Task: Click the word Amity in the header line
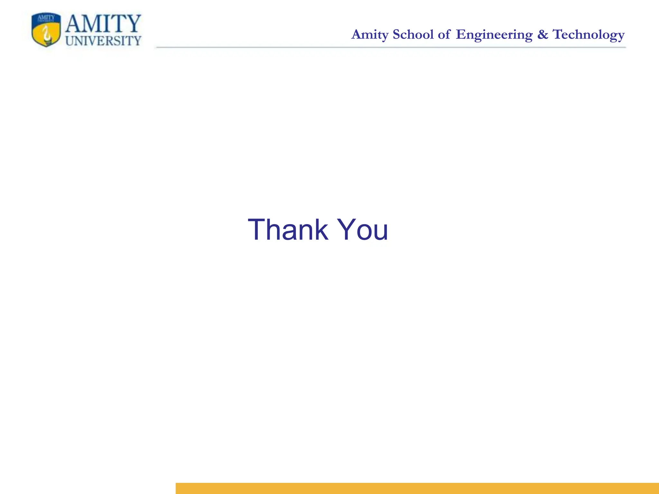click(370, 35)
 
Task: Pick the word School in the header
click(413, 34)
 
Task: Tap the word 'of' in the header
click(444, 34)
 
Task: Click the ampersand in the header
click(543, 34)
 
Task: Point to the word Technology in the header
click(589, 35)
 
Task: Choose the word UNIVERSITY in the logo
click(103, 41)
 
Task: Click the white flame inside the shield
click(47, 34)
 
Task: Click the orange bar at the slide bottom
click(417, 488)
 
